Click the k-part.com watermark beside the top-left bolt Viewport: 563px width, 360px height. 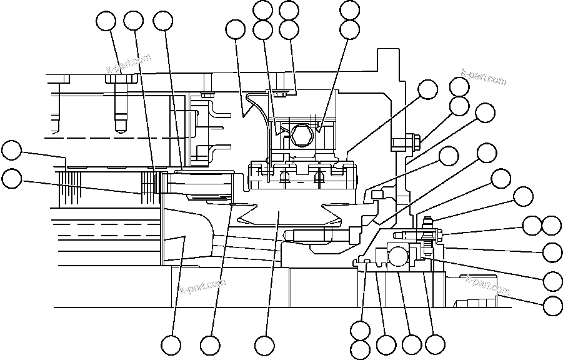[129, 64]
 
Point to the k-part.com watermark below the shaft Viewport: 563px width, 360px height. [202, 288]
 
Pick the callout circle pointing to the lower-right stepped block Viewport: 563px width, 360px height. [552, 306]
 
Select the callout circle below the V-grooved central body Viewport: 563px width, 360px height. [265, 345]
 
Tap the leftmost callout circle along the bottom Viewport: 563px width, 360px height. [171, 345]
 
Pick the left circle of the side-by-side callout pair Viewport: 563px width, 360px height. [532, 226]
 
